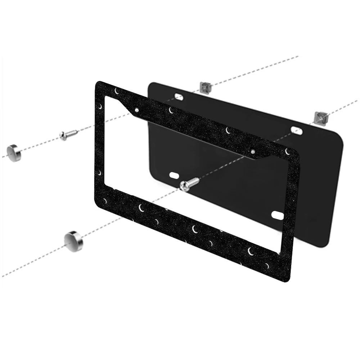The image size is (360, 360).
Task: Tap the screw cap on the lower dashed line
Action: [x=73, y=239]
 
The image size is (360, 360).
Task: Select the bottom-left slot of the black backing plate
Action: [x=174, y=175]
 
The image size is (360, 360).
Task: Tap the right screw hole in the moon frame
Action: [x=253, y=152]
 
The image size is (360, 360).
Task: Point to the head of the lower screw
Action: [x=184, y=186]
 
